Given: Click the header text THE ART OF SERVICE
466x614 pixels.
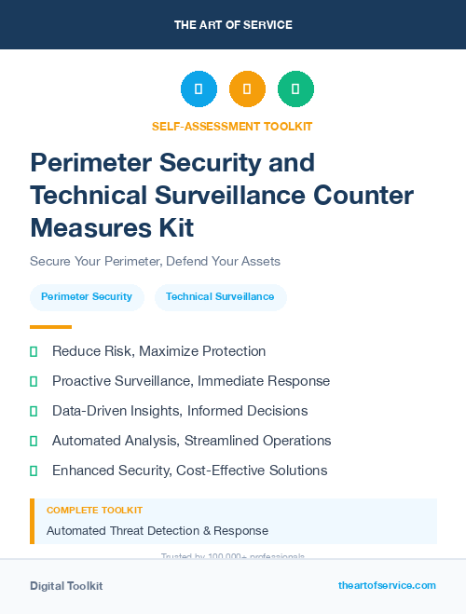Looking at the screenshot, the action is tap(232, 24).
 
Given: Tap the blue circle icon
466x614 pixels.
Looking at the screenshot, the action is tap(199, 89).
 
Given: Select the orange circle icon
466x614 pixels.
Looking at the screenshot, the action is tap(247, 89).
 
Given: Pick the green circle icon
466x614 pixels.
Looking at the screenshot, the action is tap(295, 89).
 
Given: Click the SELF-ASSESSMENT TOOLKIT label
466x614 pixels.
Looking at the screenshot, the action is tap(232, 126).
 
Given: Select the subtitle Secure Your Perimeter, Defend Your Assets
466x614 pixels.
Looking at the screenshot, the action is tap(155, 262).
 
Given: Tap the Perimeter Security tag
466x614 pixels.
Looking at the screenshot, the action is tap(87, 297).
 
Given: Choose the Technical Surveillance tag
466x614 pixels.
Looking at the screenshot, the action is tap(220, 297).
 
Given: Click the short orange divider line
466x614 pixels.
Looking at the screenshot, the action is tap(50, 327).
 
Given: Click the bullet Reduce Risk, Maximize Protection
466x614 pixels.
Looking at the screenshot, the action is tap(158, 351).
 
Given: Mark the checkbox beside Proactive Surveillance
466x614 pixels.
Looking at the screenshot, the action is tap(34, 381).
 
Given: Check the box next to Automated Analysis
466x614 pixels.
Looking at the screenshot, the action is tap(34, 441).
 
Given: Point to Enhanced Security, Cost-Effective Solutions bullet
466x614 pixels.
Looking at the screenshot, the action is tap(189, 471).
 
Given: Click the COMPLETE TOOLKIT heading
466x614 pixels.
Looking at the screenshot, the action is tap(94, 511).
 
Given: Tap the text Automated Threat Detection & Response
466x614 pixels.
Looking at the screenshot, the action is tap(158, 531).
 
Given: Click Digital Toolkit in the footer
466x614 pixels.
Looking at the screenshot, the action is tap(66, 586).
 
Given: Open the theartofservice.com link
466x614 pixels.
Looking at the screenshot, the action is tap(387, 585).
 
